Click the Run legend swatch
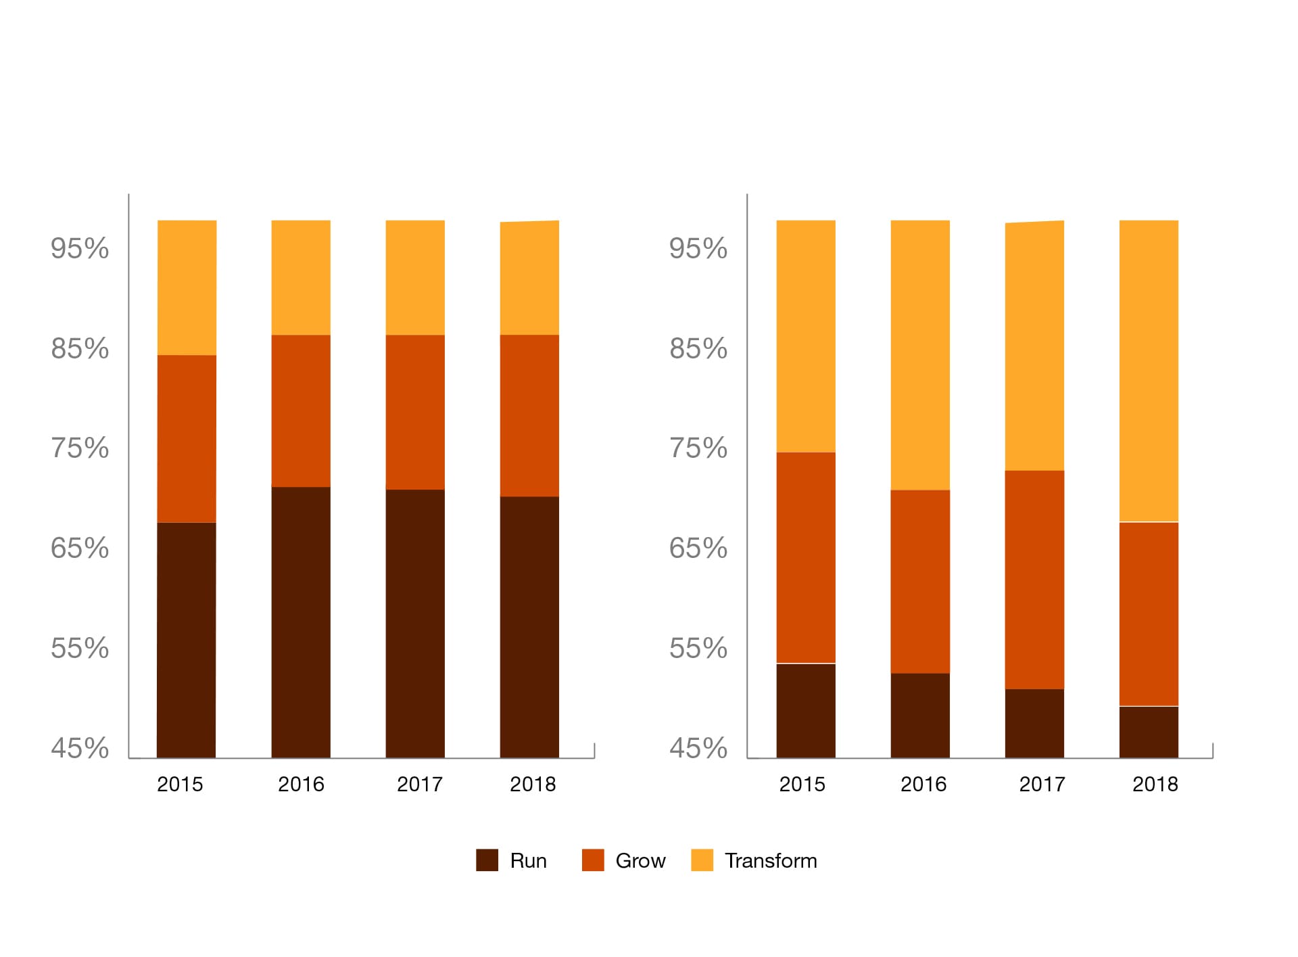click(x=487, y=860)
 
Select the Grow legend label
click(x=640, y=861)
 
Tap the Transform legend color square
click(x=702, y=860)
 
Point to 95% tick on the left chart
click(x=80, y=249)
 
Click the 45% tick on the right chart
click(x=698, y=749)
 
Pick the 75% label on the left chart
click(x=80, y=448)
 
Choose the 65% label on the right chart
click(x=698, y=548)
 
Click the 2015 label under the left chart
click(x=180, y=785)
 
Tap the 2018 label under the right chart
click(x=1155, y=785)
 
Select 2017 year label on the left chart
click(x=420, y=785)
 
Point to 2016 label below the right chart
click(x=923, y=785)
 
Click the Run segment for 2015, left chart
click(x=187, y=640)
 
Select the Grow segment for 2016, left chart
click(x=301, y=411)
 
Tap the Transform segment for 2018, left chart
click(x=529, y=278)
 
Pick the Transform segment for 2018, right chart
click(x=1149, y=371)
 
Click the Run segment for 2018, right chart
click(x=1149, y=732)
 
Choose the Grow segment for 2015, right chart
click(x=806, y=557)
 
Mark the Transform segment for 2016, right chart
click(x=920, y=355)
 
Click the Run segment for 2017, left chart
click(x=415, y=623)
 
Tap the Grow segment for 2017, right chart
click(x=1034, y=580)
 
